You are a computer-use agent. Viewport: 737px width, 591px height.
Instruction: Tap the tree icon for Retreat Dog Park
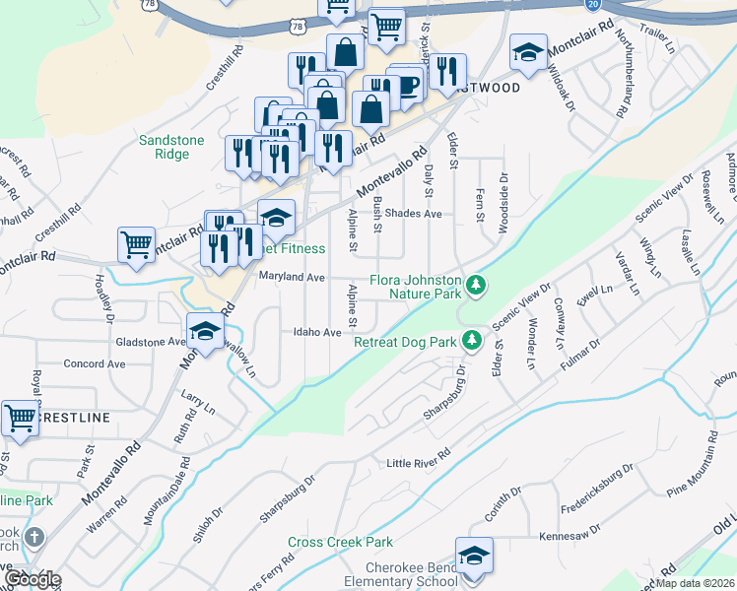[x=473, y=340]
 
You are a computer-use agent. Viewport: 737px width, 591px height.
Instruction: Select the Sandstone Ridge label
[x=171, y=147]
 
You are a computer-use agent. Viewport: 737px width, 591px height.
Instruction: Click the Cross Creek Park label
[x=340, y=542]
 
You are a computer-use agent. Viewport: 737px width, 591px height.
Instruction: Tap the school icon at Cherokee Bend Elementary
[x=474, y=557]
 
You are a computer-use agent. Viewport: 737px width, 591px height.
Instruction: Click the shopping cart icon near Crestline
[x=20, y=419]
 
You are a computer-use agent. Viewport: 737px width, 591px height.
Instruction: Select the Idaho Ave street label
[x=316, y=332]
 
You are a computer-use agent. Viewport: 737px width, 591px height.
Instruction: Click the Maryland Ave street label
[x=292, y=278]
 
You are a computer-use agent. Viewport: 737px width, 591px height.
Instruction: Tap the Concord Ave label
[x=95, y=363]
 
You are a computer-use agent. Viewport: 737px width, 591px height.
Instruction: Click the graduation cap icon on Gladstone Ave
[x=205, y=333]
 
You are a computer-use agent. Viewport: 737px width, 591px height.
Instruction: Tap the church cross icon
[x=34, y=538]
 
